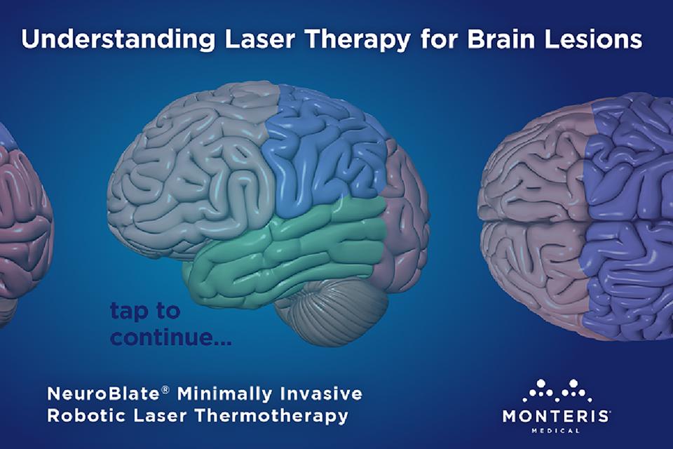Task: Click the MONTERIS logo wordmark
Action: tap(557, 415)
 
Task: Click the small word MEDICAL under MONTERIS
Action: tap(557, 431)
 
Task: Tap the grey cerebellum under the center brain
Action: tap(336, 309)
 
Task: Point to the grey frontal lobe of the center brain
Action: tap(189, 168)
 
